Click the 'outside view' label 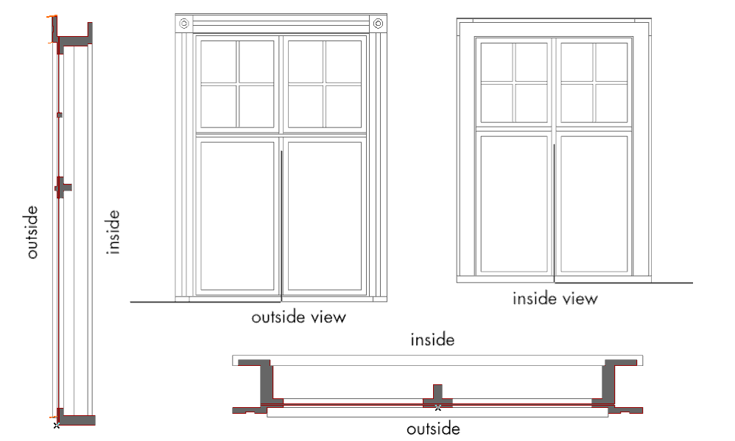(x=298, y=317)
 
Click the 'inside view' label (x=555, y=298)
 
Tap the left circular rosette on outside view (x=184, y=24)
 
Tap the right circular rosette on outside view (x=378, y=24)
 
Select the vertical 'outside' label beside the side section (x=32, y=231)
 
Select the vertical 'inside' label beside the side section (x=113, y=232)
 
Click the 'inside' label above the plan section (x=432, y=339)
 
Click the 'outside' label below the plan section (x=433, y=428)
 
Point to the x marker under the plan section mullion (x=437, y=407)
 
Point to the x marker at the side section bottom (x=57, y=425)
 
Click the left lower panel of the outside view (x=237, y=216)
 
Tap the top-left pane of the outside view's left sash (x=219, y=62)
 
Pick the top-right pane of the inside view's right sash (x=611, y=62)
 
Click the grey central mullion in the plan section (x=437, y=396)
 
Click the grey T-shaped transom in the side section (x=63, y=187)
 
